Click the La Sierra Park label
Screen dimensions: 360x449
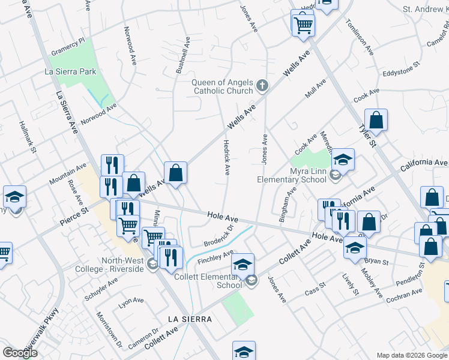pyautogui.click(x=70, y=71)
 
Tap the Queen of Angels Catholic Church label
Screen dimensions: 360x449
pyautogui.click(x=221, y=87)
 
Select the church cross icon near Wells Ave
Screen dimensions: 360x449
pyautogui.click(x=262, y=86)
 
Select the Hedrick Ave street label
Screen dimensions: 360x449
pyautogui.click(x=226, y=158)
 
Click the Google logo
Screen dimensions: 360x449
pyautogui.click(x=20, y=353)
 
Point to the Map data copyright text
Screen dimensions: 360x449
pyautogui.click(x=411, y=355)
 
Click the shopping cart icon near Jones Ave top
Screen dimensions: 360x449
pyautogui.click(x=303, y=25)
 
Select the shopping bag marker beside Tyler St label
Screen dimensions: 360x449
pyautogui.click(x=376, y=121)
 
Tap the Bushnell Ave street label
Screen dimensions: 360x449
pyautogui.click(x=182, y=55)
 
